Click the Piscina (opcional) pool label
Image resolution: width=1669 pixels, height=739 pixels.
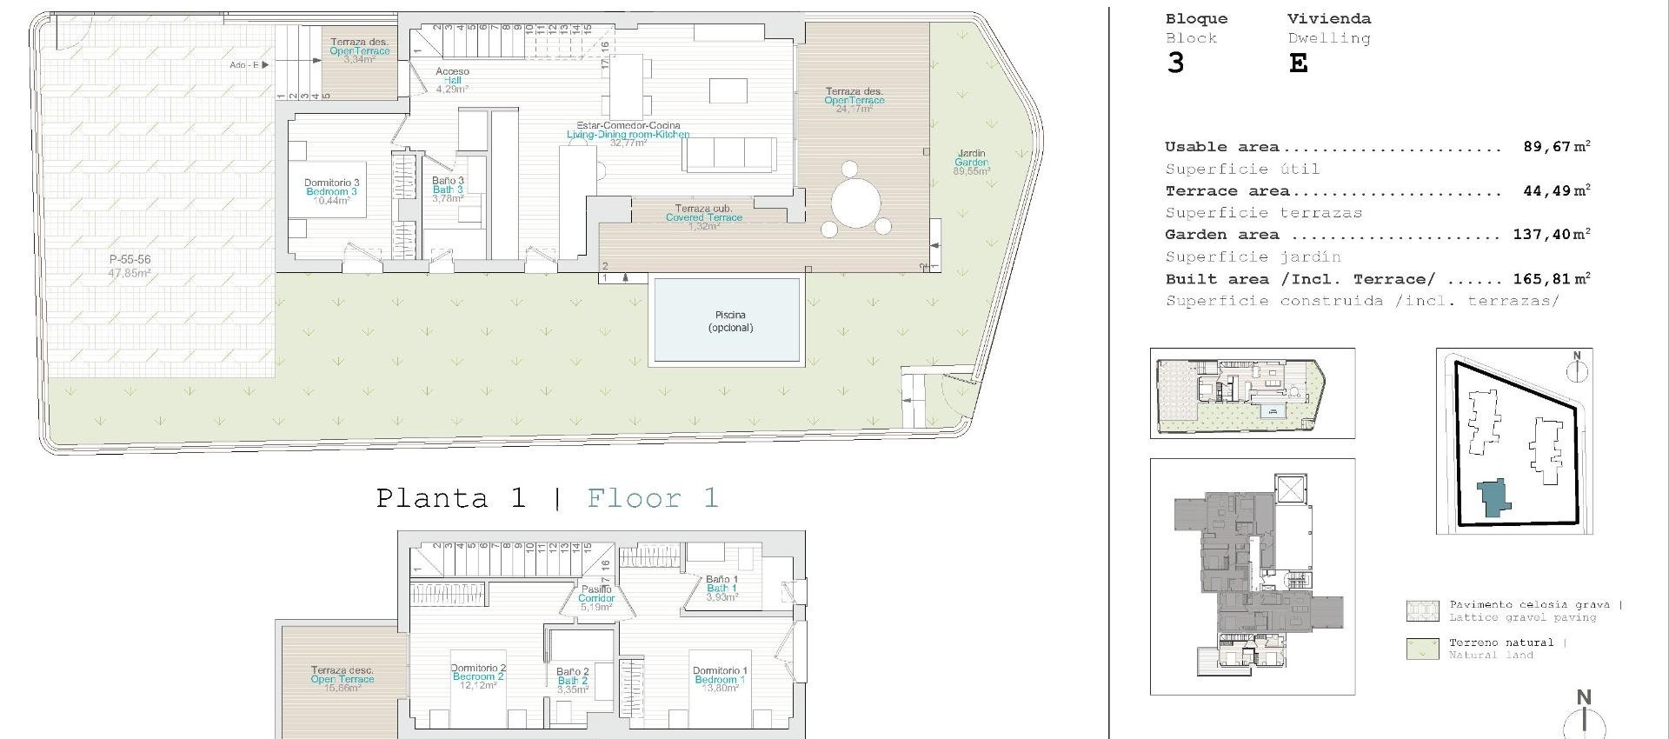coord(730,321)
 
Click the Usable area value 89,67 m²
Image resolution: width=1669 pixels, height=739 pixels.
coord(1556,147)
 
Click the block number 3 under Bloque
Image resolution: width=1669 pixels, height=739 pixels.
coord(1175,63)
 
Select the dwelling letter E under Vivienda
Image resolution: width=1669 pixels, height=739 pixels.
coord(1298,63)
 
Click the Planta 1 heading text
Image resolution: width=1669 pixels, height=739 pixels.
coord(451,498)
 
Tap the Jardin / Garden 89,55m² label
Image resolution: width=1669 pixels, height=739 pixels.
coord(971,163)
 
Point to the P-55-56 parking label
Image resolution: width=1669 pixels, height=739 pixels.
coord(130,265)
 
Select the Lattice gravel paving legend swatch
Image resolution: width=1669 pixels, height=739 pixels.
coord(1422,611)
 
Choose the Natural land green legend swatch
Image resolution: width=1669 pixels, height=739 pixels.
coord(1422,649)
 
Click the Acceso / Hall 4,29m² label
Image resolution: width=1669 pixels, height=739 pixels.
coord(452,80)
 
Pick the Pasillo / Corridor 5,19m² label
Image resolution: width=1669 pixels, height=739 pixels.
coord(596,598)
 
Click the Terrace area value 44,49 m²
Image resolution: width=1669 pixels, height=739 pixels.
coord(1556,191)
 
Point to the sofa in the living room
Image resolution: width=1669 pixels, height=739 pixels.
coord(728,154)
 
